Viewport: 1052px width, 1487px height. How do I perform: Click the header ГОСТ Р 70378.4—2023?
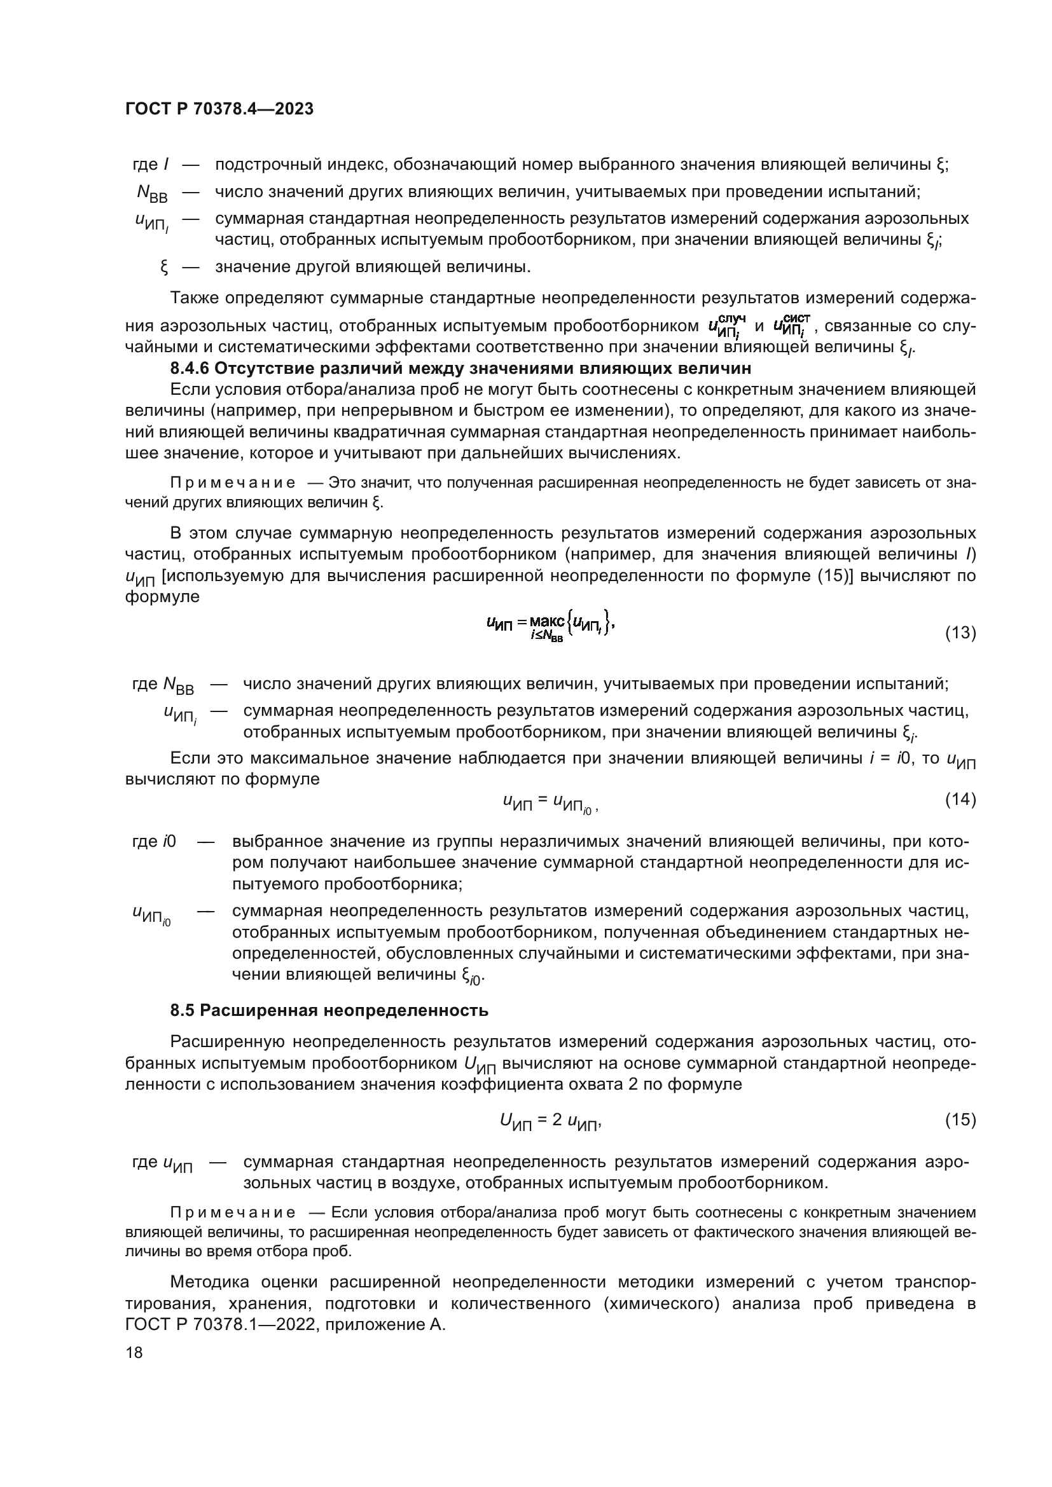(x=219, y=109)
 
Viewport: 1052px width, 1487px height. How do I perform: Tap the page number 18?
(x=134, y=1352)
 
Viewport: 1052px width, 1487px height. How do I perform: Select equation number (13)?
(x=960, y=633)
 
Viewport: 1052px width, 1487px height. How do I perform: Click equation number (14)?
(x=960, y=799)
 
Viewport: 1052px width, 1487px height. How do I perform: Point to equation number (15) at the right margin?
(x=960, y=1119)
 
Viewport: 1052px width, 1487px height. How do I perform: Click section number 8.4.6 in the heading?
(x=189, y=369)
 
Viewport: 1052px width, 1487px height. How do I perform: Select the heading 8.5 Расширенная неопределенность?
(x=329, y=1010)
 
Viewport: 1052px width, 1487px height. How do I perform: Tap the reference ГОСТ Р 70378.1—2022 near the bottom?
(x=220, y=1324)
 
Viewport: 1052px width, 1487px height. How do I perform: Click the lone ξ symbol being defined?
(x=165, y=267)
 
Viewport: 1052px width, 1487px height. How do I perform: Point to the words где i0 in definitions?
(x=154, y=842)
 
